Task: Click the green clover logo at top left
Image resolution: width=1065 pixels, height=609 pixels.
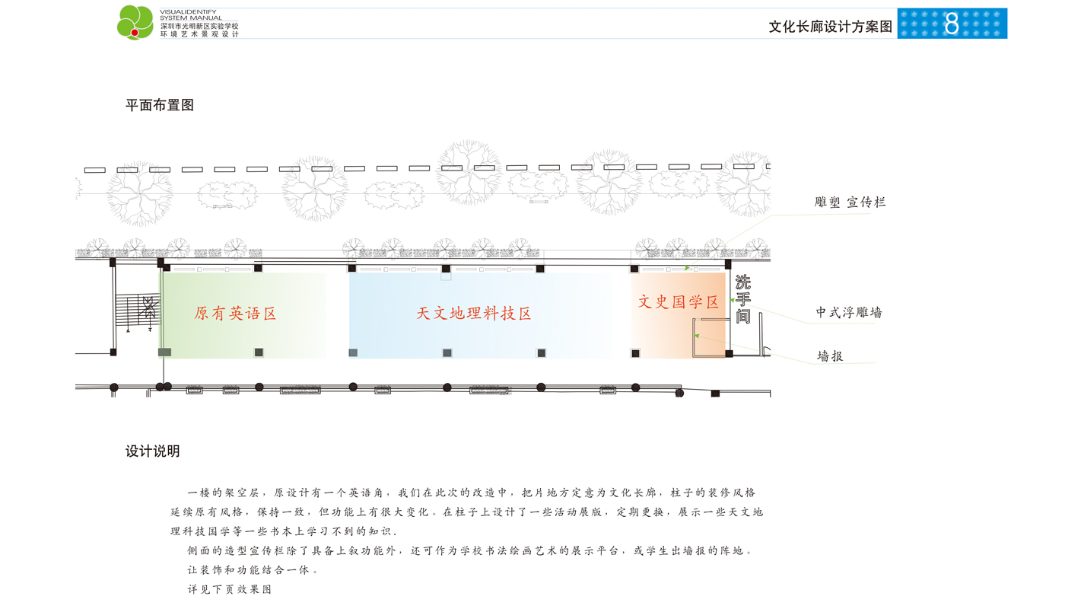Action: pyautogui.click(x=135, y=22)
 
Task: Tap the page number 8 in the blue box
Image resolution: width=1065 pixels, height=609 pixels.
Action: pyautogui.click(x=952, y=24)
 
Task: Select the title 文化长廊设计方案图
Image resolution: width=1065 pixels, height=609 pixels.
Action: pyautogui.click(x=830, y=27)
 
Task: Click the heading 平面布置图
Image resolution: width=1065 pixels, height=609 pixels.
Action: pyautogui.click(x=160, y=105)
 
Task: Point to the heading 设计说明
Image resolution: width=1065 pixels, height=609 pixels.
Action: pyautogui.click(x=153, y=451)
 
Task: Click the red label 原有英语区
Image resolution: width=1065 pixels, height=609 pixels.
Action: pyautogui.click(x=235, y=313)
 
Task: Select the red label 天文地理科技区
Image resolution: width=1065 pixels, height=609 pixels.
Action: pyautogui.click(x=473, y=313)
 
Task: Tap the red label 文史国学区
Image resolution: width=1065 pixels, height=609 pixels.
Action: pyautogui.click(x=678, y=301)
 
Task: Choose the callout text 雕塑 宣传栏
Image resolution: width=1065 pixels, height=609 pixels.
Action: pyautogui.click(x=850, y=202)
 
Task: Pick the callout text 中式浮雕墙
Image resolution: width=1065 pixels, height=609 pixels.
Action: pyautogui.click(x=849, y=313)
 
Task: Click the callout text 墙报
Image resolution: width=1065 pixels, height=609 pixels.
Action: pyautogui.click(x=830, y=356)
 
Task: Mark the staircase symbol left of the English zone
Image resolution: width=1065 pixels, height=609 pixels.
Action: pyautogui.click(x=138, y=309)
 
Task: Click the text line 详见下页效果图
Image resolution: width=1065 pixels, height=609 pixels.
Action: pyautogui.click(x=229, y=589)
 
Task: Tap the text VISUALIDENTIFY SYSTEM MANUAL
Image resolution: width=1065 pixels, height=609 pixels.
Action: pyautogui.click(x=190, y=14)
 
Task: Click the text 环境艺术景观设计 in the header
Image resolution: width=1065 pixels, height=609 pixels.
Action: pyautogui.click(x=199, y=34)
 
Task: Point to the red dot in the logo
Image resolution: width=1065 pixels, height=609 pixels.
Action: pyautogui.click(x=135, y=33)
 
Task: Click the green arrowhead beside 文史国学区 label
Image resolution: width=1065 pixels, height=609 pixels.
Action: pyautogui.click(x=732, y=300)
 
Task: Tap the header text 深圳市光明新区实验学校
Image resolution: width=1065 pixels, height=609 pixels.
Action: pyautogui.click(x=199, y=26)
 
